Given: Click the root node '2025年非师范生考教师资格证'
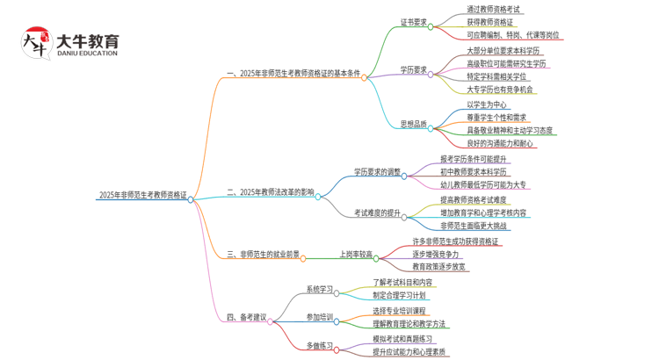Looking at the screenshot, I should coord(142,196).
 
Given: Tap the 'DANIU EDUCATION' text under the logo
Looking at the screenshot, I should coord(87,54).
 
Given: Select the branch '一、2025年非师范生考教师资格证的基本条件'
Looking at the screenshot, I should coord(294,74).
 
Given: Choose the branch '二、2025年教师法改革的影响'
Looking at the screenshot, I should coord(270,191).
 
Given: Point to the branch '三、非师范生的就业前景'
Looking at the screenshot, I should coord(263,255).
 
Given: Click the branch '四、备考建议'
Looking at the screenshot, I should coord(246,316).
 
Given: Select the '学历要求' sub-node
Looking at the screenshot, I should coord(413,69).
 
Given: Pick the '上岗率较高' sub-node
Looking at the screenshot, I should coord(355,255).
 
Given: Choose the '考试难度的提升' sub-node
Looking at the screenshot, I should coord(377,212).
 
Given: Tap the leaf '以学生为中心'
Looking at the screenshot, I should coord(487,104).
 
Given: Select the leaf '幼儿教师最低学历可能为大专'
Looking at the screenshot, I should coord(483,185).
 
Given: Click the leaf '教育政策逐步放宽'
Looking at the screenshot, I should coord(438,266).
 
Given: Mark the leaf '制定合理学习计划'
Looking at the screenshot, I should coord(400,296).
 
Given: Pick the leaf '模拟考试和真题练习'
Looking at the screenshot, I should coord(402,339).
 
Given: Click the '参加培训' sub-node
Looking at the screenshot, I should coord(321,316).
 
